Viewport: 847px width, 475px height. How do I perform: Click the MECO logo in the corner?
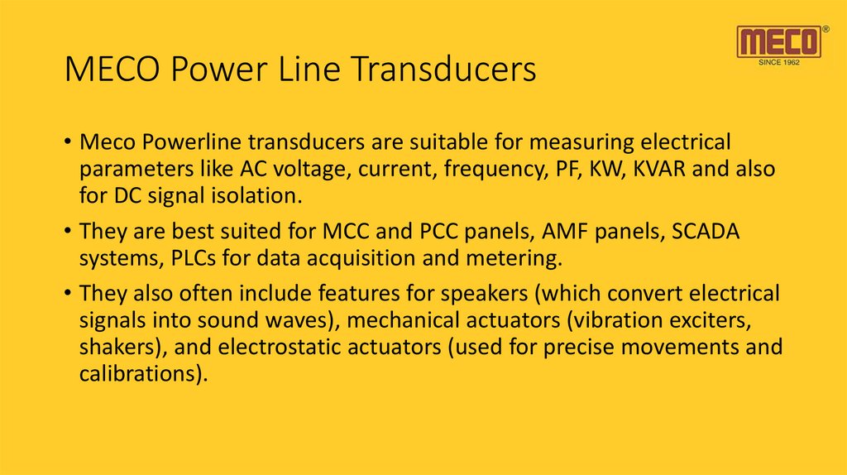(780, 41)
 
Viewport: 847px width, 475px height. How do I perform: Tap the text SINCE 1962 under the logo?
(779, 62)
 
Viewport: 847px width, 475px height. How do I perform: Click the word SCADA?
(707, 232)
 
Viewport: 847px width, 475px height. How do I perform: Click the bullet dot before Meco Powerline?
(69, 142)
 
